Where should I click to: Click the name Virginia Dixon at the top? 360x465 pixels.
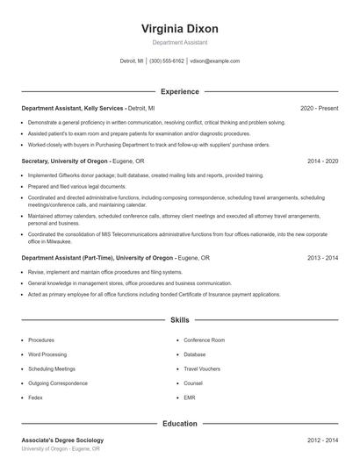click(x=179, y=29)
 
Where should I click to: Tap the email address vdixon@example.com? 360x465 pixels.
click(x=214, y=61)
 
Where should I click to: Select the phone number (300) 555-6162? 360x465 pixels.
click(x=167, y=61)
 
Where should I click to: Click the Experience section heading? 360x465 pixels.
click(x=179, y=91)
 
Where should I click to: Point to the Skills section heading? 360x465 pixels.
click(x=179, y=321)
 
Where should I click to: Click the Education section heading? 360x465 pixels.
click(x=179, y=424)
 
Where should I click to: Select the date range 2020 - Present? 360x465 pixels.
click(x=319, y=109)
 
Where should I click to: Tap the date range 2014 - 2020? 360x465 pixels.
click(x=322, y=161)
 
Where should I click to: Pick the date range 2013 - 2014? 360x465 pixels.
click(x=322, y=259)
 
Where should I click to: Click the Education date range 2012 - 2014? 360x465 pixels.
click(x=322, y=440)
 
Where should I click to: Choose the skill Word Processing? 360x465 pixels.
click(x=47, y=354)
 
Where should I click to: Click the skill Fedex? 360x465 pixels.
click(x=36, y=397)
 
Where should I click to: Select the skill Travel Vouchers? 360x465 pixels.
click(x=202, y=368)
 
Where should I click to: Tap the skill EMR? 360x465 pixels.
click(x=191, y=397)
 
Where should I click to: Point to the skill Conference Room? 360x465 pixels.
click(x=205, y=340)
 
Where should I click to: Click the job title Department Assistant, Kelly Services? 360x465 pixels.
click(x=74, y=109)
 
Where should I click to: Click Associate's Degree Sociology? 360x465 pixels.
click(x=62, y=440)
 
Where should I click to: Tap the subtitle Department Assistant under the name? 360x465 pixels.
click(x=179, y=42)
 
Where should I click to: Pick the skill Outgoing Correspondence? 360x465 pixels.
click(x=57, y=383)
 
